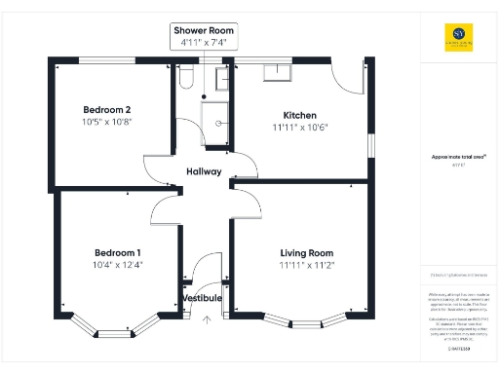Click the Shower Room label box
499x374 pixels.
pyautogui.click(x=204, y=37)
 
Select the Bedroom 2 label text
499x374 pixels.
pyautogui.click(x=106, y=108)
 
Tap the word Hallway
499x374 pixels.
pyautogui.click(x=205, y=172)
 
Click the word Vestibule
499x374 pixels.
pyautogui.click(x=202, y=297)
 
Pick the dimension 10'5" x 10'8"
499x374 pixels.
pyautogui.click(x=106, y=121)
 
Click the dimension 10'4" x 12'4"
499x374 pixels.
pyautogui.click(x=116, y=264)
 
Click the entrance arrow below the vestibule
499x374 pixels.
pyautogui.click(x=206, y=318)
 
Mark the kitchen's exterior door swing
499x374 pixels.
pyautogui.click(x=346, y=78)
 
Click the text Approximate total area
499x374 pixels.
pyautogui.click(x=452, y=156)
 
